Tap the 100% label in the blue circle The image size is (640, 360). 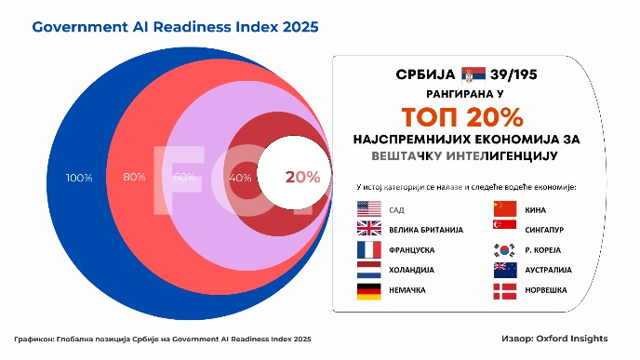80,177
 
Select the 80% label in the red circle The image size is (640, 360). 134,177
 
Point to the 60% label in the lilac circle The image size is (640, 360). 184,177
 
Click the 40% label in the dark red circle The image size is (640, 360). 240,177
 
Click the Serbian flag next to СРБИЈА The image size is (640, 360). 474,73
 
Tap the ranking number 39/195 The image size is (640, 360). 521,73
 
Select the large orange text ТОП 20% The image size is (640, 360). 462,116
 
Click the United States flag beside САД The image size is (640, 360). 369,208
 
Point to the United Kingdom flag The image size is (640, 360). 369,229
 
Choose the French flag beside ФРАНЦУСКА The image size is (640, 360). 369,250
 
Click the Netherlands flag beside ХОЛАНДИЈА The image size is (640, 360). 369,270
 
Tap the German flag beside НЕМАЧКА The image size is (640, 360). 369,291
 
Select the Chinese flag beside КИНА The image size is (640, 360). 505,208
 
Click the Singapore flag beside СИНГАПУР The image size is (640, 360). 505,229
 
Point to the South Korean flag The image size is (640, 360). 505,250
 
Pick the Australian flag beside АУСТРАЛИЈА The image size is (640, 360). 505,270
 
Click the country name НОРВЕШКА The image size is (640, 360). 549,291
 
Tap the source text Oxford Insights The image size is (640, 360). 581,340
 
